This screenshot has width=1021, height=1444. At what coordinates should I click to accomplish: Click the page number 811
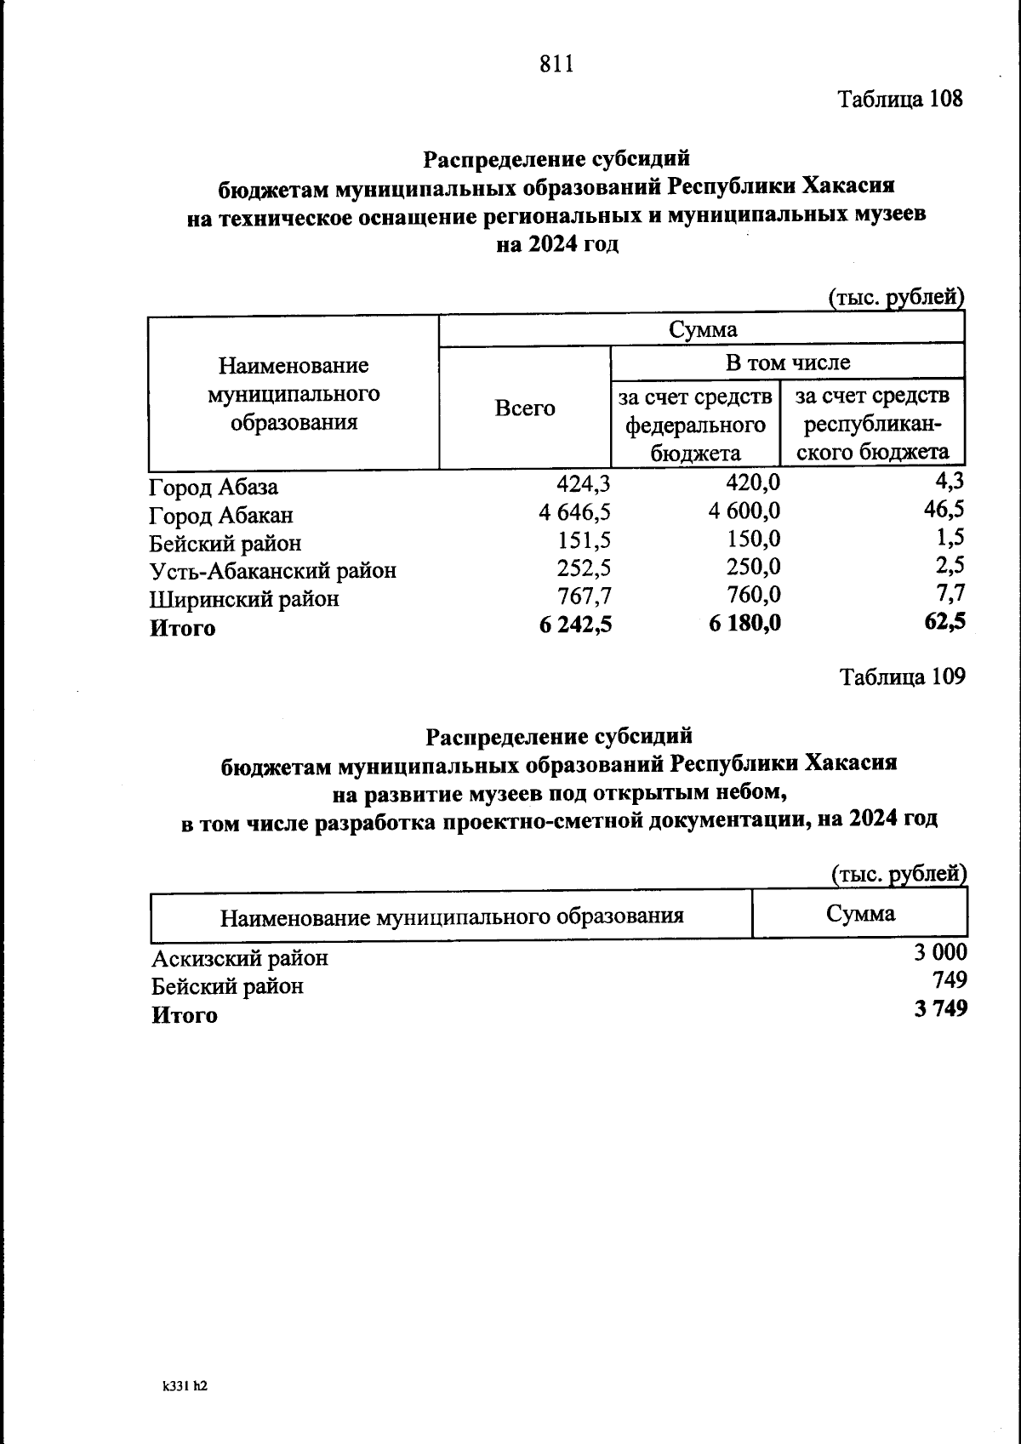(556, 64)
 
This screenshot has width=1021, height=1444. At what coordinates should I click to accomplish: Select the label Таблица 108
(900, 99)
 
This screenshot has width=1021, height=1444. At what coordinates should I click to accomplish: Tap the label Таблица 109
(902, 676)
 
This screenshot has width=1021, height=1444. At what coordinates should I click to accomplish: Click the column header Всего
(525, 408)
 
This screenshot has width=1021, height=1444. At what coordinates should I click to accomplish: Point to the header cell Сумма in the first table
(702, 329)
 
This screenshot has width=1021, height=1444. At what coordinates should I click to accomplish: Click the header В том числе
(787, 362)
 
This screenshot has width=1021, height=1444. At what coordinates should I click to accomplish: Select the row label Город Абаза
(213, 488)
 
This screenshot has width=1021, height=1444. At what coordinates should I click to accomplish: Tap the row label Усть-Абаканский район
(272, 571)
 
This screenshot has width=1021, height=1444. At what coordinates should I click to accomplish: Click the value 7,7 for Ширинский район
(949, 592)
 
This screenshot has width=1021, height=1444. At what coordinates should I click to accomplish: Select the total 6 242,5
(574, 625)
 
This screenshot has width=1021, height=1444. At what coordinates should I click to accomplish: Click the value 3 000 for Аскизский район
(940, 952)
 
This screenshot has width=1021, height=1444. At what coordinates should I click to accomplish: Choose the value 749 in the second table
(950, 980)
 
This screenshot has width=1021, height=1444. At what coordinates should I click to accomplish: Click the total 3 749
(940, 1009)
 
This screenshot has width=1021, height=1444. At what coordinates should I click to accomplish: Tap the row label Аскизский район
(239, 959)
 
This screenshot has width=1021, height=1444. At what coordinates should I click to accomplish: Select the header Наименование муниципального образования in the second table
(452, 916)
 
